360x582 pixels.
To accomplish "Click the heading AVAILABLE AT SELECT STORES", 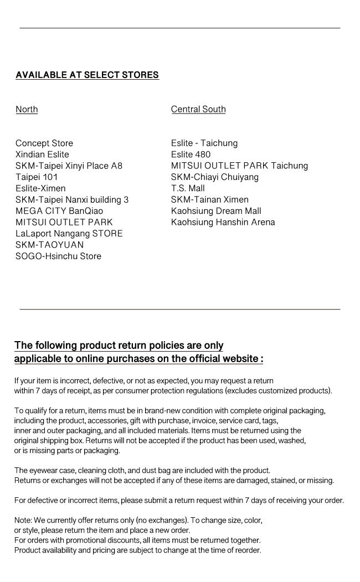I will coord(87,75).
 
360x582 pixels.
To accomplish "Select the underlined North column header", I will coord(27,109).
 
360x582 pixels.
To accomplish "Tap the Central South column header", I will coord(198,109).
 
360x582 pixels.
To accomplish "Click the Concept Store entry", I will coord(44,143).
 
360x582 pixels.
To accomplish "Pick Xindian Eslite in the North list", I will coord(42,154).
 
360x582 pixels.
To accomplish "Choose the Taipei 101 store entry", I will coord(37,177).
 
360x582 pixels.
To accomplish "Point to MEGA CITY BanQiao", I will coord(59,211).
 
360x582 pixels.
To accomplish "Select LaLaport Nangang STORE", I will coord(69,234).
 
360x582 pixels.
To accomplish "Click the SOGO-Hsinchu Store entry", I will coord(58,256).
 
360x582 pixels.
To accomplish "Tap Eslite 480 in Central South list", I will coord(191,154).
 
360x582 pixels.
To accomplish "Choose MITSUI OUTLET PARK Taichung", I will coord(239,166).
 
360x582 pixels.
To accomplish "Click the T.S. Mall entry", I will coord(188,188).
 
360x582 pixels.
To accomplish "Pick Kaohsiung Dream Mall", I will coord(216,211).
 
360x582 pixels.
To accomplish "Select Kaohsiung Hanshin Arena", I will coord(223,223).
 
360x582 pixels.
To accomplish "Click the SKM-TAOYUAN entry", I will coord(50,245).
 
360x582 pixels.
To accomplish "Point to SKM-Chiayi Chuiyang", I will coord(215,177).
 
